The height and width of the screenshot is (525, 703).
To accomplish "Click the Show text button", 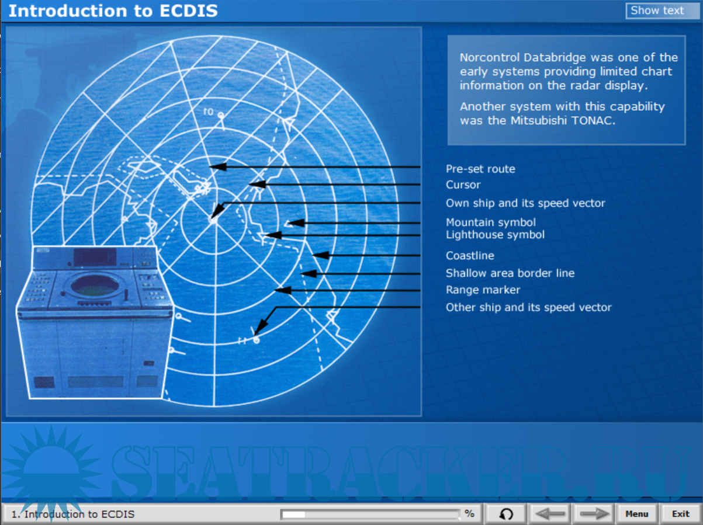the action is (662, 11).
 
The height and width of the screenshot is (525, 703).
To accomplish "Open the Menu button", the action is (637, 514).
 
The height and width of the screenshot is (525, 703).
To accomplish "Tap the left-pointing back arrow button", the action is (549, 514).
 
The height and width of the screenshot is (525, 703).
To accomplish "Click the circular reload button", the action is (506, 514).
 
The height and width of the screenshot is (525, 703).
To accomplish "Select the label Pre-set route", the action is (480, 169).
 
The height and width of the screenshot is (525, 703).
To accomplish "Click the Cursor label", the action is (463, 185).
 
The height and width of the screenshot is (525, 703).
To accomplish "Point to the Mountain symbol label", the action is (491, 222).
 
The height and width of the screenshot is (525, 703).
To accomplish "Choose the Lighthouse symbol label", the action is (495, 235).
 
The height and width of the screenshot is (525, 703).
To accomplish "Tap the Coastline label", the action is (470, 255).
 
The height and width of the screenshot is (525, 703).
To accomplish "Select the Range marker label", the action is (483, 290).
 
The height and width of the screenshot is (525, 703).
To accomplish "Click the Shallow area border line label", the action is (510, 273).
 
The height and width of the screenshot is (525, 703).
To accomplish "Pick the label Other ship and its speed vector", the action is (529, 307).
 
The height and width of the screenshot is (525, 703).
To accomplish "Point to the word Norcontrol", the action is (490, 58).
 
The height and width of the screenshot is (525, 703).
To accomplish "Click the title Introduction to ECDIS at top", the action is (113, 11).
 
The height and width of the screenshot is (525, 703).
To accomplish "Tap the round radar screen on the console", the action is (95, 285).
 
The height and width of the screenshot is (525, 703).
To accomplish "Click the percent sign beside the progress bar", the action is (469, 513).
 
